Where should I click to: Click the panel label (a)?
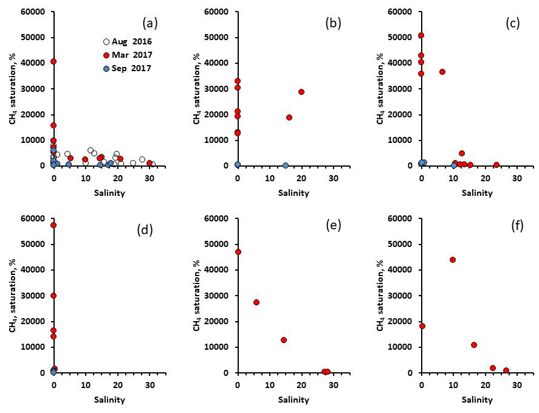[150, 24]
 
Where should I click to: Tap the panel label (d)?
[150, 231]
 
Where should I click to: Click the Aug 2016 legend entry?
[128, 42]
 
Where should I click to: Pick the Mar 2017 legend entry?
[128, 55]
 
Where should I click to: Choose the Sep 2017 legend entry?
[128, 69]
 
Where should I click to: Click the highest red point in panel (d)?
[53, 225]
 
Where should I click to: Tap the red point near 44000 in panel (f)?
[453, 260]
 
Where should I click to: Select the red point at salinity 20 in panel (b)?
[301, 92]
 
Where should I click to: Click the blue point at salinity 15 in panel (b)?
[286, 165]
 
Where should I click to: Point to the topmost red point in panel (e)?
[238, 252]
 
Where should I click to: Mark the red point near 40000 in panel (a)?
[53, 61]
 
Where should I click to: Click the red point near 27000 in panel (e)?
[256, 302]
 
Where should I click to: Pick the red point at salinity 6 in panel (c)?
[442, 72]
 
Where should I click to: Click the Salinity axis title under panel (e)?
[294, 400]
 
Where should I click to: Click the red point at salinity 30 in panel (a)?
[149, 163]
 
